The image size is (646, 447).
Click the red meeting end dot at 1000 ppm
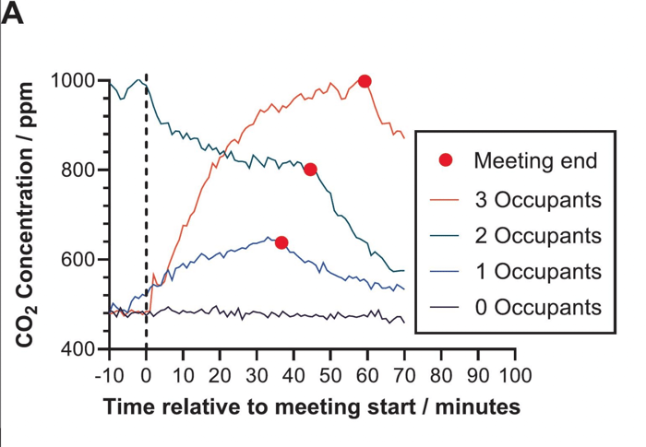tap(365, 81)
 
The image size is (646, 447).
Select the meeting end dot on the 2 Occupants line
tap(311, 170)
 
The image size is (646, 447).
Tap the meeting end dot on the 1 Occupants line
tap(281, 242)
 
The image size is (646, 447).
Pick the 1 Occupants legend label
tap(538, 271)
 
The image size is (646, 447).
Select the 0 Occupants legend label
tap(538, 307)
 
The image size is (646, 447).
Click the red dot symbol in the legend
tap(446, 161)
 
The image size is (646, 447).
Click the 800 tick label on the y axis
tap(78, 171)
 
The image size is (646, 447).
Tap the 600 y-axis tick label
tap(78, 260)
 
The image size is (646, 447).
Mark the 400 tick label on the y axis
tap(78, 349)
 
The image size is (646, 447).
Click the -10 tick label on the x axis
tap(109, 375)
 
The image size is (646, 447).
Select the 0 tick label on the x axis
tap(146, 375)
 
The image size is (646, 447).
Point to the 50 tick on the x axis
tap(330, 375)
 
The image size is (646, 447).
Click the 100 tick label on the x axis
tap(514, 375)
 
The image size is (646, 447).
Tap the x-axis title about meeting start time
tap(311, 406)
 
